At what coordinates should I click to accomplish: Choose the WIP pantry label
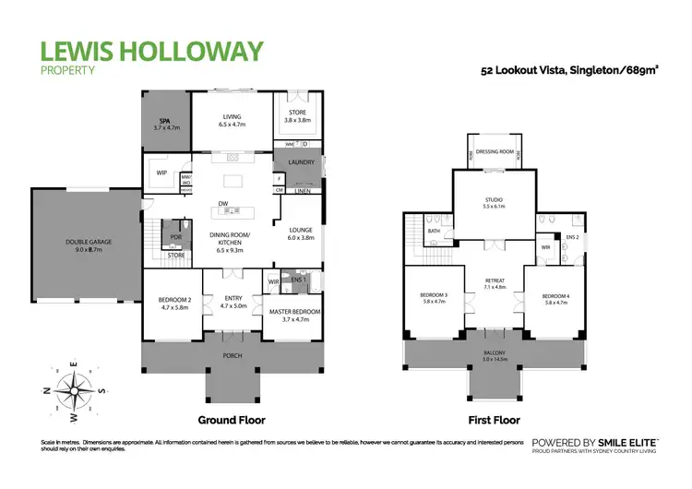tap(161, 173)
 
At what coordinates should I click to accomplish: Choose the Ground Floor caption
tap(232, 420)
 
